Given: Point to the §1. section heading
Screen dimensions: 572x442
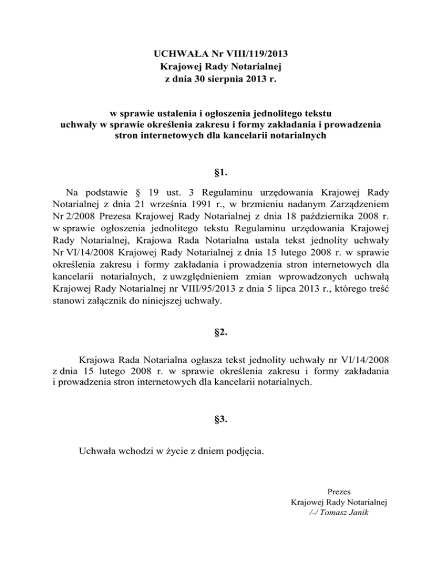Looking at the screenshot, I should coord(221,171).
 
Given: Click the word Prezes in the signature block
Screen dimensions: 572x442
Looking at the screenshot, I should coord(339,491).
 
